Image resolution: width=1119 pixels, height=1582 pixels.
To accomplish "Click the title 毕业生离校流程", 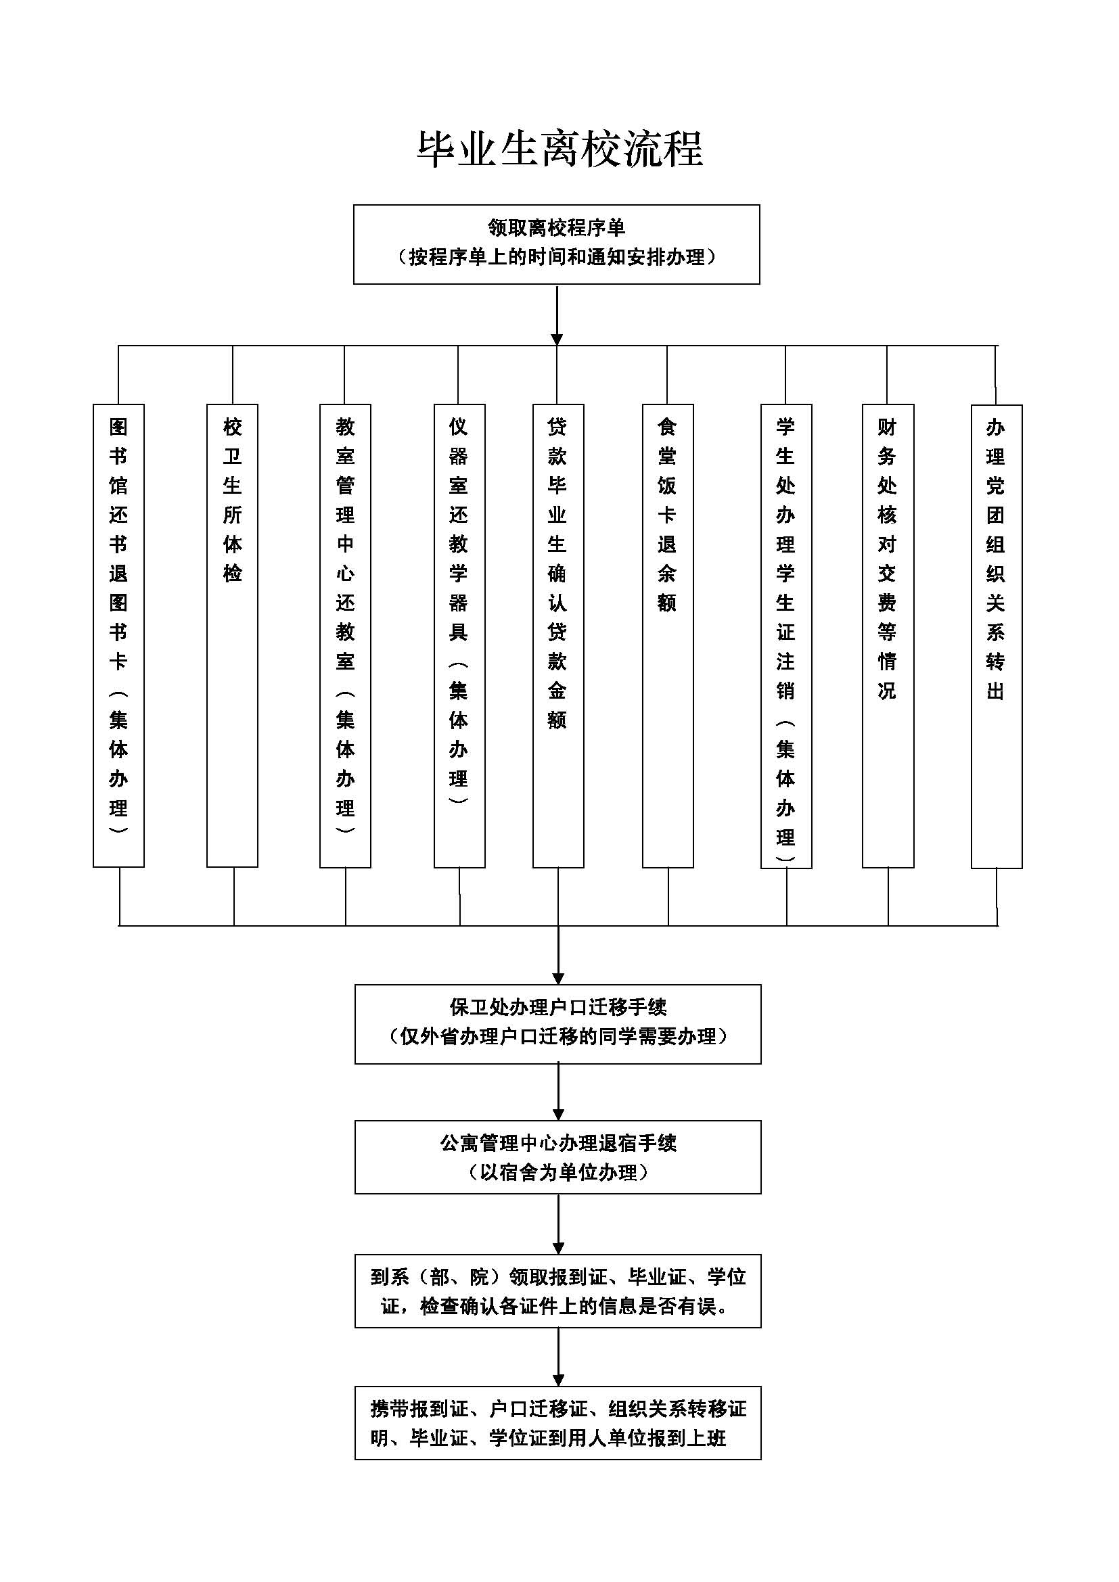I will [x=559, y=149].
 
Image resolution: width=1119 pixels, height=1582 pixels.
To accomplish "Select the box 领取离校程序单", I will [x=556, y=244].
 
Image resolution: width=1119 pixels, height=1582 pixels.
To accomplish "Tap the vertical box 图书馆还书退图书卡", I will [x=118, y=634].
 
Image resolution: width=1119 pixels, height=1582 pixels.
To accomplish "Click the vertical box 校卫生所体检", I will [x=232, y=634].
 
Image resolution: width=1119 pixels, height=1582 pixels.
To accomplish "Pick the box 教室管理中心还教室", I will [x=345, y=634].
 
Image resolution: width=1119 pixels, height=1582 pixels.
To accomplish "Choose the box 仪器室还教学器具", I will [x=459, y=634].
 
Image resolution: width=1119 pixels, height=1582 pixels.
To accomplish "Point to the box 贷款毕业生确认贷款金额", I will [x=558, y=634].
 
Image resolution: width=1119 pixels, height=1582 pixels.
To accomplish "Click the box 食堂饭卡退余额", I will [x=668, y=634].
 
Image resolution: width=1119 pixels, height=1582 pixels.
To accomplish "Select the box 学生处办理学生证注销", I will [x=786, y=634].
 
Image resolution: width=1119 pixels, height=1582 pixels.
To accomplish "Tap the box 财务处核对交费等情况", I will [x=888, y=634].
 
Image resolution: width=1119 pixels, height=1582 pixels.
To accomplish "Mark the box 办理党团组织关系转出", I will [x=997, y=634].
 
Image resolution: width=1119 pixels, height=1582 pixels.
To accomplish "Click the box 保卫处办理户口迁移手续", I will [x=557, y=1024].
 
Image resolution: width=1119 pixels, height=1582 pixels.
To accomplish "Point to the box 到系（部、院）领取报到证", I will [x=557, y=1290].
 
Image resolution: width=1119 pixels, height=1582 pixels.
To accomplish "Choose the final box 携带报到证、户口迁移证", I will [x=557, y=1422].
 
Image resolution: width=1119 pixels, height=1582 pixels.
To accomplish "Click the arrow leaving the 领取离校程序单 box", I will [x=557, y=314].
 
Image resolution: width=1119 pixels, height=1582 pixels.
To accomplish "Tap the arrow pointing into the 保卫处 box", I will [x=558, y=954].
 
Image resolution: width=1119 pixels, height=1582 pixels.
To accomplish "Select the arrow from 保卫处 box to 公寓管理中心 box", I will [x=558, y=1092].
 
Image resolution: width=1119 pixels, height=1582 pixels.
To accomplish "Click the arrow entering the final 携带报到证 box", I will [x=558, y=1356].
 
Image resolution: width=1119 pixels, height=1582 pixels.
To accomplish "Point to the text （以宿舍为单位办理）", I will [x=557, y=1172].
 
